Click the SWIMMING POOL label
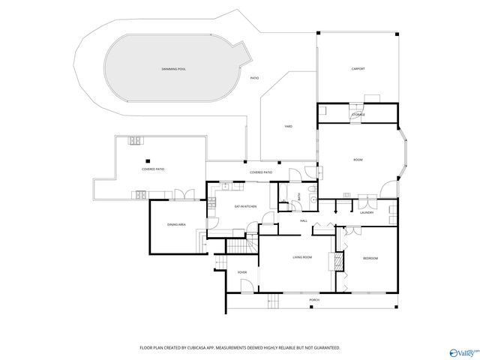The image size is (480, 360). point(173,68)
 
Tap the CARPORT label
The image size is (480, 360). point(358,68)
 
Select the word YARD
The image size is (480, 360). point(288,127)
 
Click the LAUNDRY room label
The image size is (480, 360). point(367,212)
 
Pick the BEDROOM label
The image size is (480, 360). point(370,258)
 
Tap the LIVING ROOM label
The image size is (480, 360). point(302,257)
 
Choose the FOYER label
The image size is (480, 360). point(242,272)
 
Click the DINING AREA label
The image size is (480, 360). point(176,224)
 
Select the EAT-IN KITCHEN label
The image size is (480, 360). point(245,205)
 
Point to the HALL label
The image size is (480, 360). point(304,220)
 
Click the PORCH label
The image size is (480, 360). point(314,300)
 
